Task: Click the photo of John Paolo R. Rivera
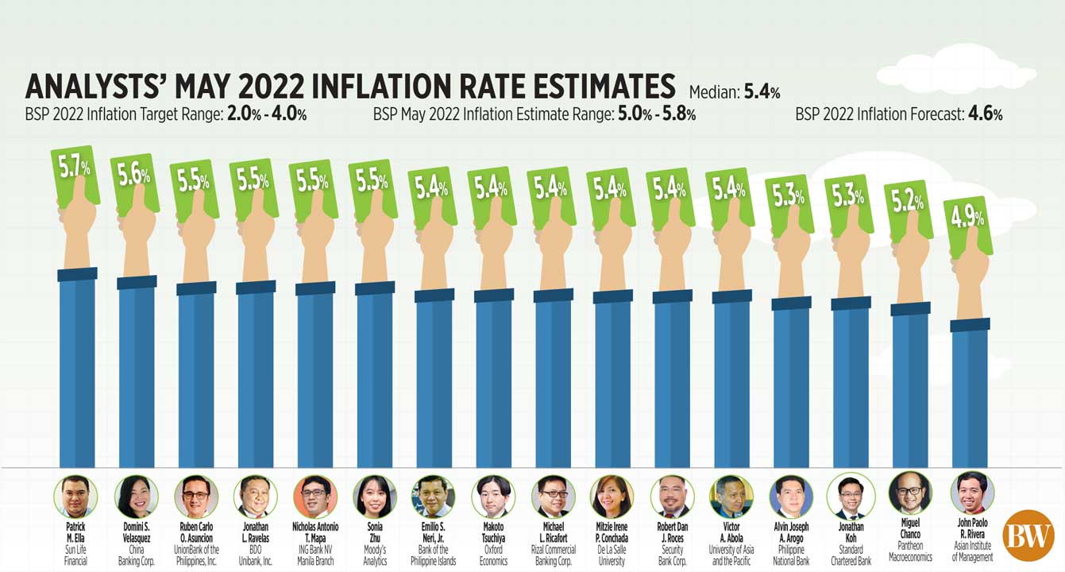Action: pos(972,493)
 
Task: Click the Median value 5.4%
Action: pos(762,91)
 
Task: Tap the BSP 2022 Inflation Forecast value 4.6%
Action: pos(984,114)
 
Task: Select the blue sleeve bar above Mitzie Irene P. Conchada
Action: pos(612,381)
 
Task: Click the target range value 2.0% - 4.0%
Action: pos(267,114)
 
